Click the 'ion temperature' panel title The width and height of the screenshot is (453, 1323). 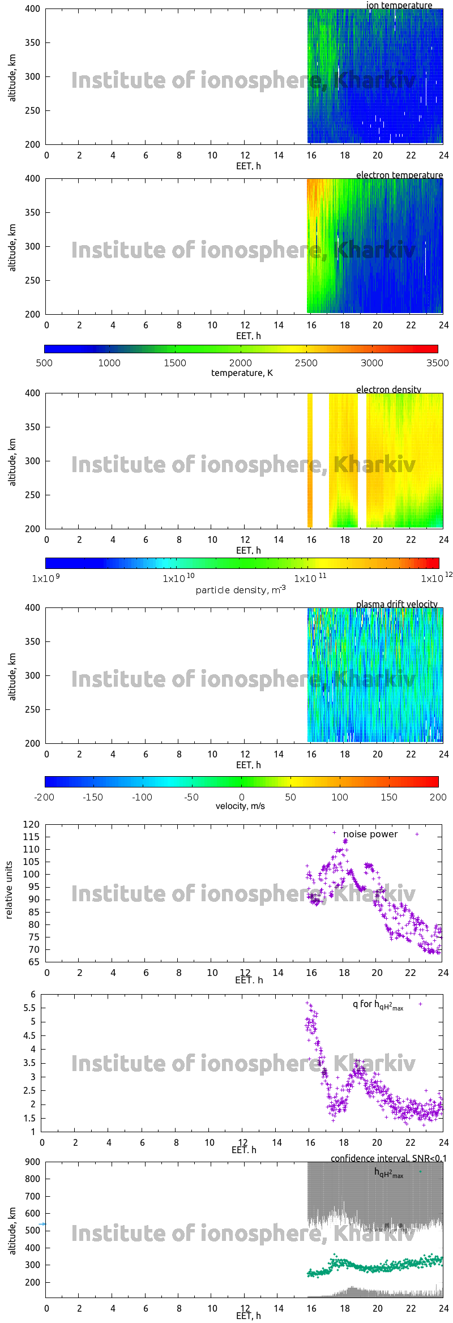coord(399,5)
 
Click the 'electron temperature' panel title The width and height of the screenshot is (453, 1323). coord(399,175)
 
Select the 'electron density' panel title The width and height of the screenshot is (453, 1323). coord(388,389)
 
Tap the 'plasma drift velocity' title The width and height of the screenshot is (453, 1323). coord(396,604)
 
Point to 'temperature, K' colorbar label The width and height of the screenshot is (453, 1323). coord(242,373)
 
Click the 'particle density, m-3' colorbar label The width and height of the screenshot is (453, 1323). coord(241,590)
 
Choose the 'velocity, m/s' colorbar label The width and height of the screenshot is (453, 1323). coord(240,806)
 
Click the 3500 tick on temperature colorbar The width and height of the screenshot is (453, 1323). coord(437,363)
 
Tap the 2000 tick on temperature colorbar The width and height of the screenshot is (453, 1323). coord(241,363)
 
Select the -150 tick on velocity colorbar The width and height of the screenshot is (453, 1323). coord(93,797)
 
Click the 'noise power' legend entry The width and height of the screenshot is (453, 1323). coord(370,834)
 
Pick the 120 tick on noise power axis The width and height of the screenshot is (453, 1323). coord(32,824)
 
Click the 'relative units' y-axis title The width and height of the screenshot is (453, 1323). coord(9,890)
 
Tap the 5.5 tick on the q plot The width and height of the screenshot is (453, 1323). coord(29,1008)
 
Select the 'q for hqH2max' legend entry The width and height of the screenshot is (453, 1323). coord(378,1004)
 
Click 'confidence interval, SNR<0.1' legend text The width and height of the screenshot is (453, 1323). coord(388,1158)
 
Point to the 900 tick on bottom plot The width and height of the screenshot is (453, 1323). coord(33,1162)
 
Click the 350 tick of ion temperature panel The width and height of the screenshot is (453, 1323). coord(32,42)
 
